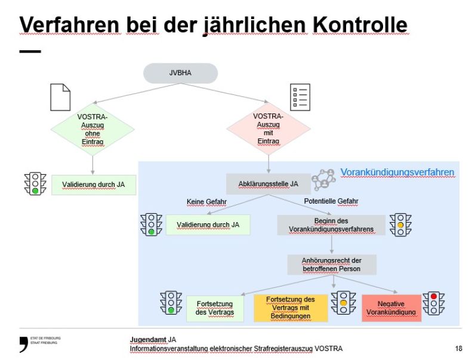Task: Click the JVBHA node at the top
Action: pyautogui.click(x=180, y=73)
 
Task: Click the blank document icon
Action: pyautogui.click(x=60, y=97)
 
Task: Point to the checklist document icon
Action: pyautogui.click(x=300, y=97)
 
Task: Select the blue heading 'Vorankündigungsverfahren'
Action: pyautogui.click(x=397, y=173)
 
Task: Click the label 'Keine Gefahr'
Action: pyautogui.click(x=206, y=202)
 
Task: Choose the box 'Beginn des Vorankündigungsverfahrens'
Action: pyautogui.click(x=331, y=225)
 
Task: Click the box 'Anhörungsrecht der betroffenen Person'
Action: pyautogui.click(x=331, y=264)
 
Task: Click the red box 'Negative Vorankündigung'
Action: pyautogui.click(x=391, y=308)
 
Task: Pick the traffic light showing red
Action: pyautogui.click(x=434, y=303)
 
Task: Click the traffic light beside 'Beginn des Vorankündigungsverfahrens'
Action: pyautogui.click(x=400, y=225)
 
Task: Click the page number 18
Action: pyautogui.click(x=458, y=348)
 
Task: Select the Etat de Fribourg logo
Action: pyautogui.click(x=39, y=343)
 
